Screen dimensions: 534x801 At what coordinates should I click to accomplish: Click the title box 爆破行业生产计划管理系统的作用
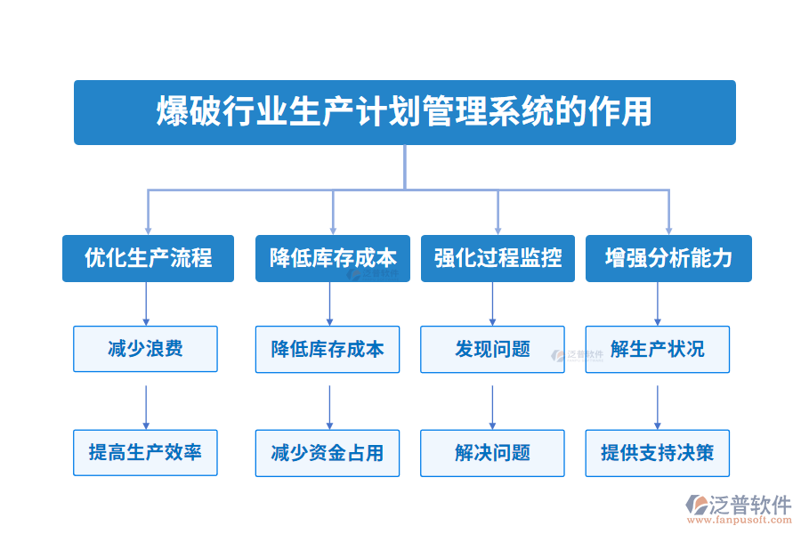click(404, 112)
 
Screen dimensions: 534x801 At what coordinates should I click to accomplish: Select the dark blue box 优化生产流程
click(148, 258)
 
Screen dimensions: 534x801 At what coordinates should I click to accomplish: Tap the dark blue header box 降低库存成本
click(333, 258)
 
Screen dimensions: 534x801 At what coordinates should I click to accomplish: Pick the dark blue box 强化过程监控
click(498, 258)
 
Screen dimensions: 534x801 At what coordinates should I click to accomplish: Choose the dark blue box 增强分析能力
click(668, 258)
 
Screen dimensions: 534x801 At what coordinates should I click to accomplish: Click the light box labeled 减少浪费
click(145, 349)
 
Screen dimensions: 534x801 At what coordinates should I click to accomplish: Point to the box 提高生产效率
click(145, 452)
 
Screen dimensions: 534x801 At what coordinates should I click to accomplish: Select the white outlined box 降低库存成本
click(328, 349)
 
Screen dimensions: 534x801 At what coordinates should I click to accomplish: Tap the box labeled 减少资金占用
click(328, 452)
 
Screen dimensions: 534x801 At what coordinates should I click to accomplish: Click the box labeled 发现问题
click(492, 349)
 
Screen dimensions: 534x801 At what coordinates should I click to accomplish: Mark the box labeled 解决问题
click(492, 452)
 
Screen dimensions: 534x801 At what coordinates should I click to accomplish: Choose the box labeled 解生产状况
click(658, 349)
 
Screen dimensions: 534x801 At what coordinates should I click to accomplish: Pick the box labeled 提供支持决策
click(658, 452)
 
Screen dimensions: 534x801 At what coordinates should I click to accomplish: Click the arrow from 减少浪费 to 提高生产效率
click(146, 407)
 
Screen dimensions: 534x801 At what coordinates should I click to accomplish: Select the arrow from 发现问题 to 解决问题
click(492, 407)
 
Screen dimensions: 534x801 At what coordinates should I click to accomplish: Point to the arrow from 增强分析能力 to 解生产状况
click(658, 303)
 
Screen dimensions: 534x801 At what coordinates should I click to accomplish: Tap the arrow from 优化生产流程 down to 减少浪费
click(146, 303)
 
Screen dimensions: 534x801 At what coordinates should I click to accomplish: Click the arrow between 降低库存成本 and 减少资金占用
click(329, 407)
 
